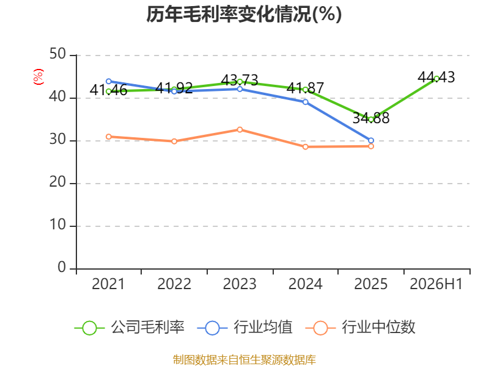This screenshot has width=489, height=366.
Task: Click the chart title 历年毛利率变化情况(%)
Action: [244, 14]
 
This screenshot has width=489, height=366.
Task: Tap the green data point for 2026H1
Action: [436, 79]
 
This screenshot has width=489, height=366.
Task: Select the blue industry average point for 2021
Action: [109, 81]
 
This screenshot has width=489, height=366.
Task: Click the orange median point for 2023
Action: [240, 129]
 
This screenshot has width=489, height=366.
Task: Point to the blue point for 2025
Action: [371, 140]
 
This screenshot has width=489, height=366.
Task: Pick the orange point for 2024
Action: [305, 146]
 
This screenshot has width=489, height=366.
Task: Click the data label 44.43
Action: [436, 77]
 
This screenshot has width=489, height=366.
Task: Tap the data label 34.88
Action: [371, 118]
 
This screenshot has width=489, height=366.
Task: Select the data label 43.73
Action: [240, 81]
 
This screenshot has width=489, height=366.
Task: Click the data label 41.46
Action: [109, 90]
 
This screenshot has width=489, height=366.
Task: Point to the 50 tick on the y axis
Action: [57, 54]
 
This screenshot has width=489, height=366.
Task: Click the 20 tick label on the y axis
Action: [57, 182]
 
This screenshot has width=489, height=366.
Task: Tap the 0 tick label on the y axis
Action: [62, 267]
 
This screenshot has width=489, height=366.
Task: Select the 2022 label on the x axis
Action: [174, 284]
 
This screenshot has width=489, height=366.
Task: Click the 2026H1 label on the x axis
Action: [436, 284]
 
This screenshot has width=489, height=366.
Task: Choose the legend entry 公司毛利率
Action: [130, 328]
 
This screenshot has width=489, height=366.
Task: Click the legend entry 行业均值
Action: [245, 328]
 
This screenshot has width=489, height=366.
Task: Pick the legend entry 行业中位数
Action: [360, 328]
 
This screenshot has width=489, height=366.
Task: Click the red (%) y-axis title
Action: [39, 77]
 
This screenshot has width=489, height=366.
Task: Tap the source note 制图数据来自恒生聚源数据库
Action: [244, 360]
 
